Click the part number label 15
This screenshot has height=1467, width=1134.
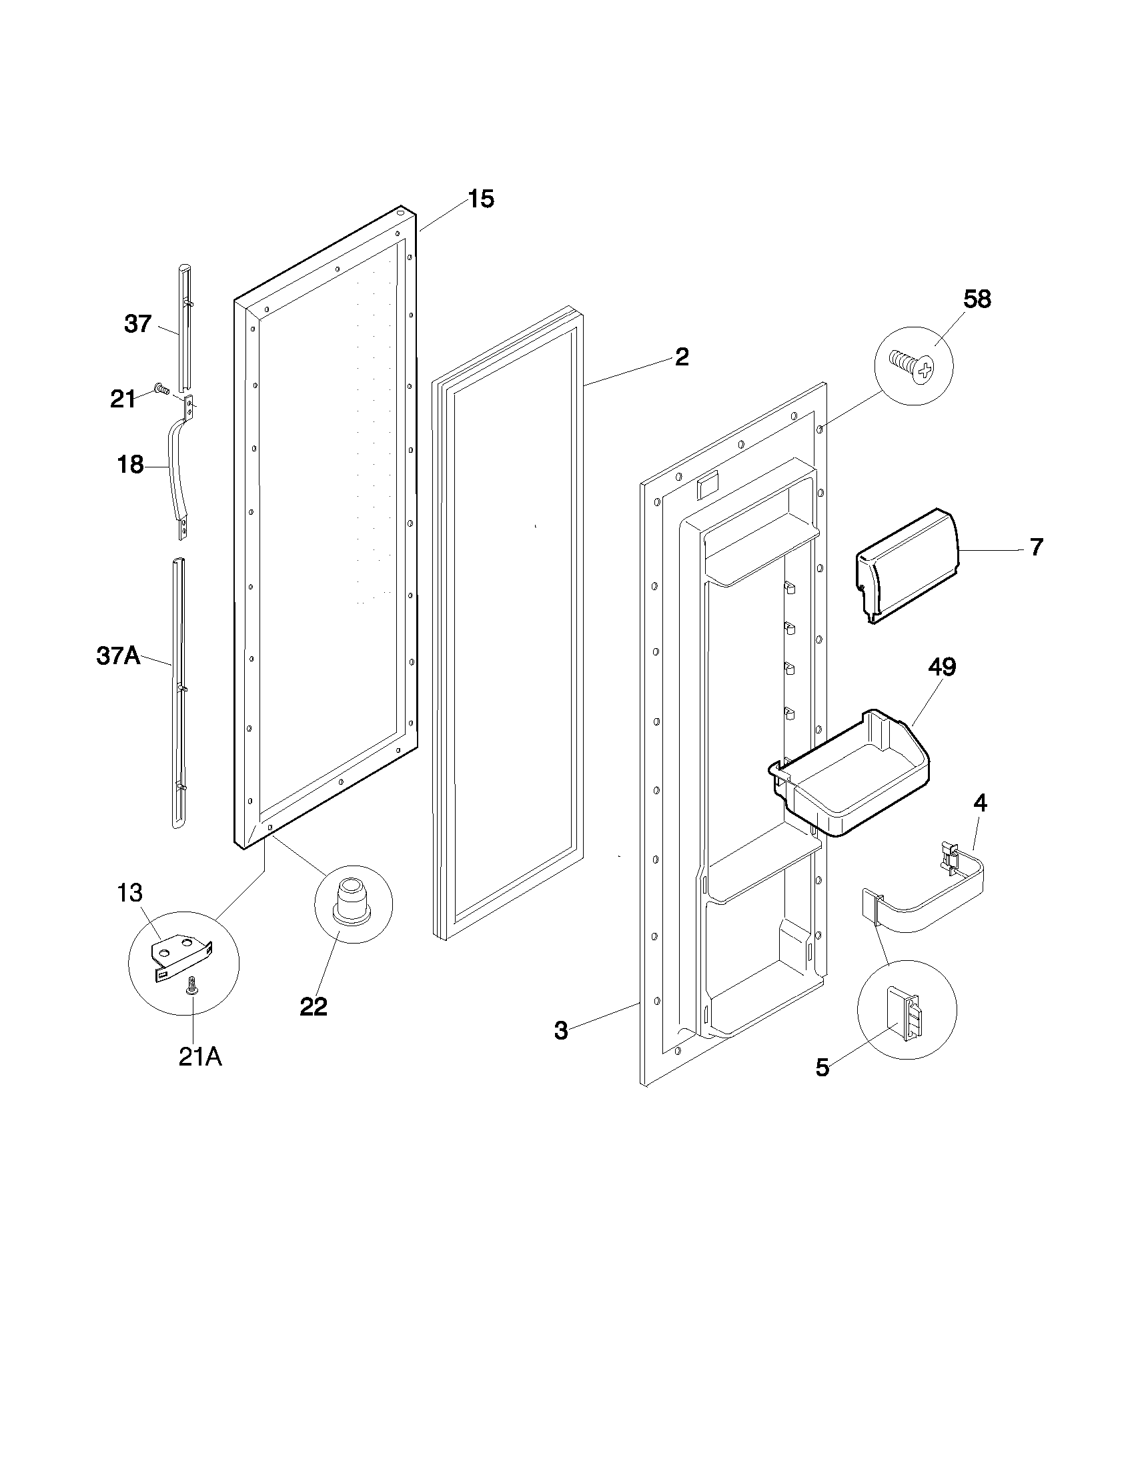(481, 199)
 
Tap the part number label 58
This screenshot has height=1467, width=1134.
(977, 299)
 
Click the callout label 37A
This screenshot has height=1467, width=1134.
(118, 655)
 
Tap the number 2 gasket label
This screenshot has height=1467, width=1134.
(681, 357)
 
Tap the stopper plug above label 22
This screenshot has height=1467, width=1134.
(354, 899)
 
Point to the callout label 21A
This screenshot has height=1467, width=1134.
(200, 1057)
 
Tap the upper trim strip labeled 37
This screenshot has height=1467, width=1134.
(184, 329)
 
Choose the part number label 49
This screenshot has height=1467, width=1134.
(942, 667)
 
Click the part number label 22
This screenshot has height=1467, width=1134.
(313, 1006)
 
